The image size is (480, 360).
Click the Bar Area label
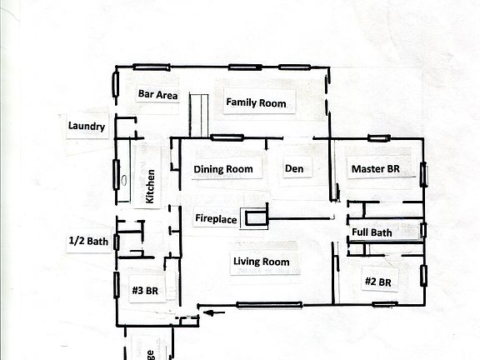157,95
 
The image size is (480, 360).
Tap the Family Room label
256,103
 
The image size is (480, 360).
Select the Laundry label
87,127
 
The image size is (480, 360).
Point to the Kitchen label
151,187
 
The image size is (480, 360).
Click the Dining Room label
222,169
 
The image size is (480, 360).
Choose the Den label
293,169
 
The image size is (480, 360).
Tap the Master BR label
376,169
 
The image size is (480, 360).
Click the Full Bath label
372,232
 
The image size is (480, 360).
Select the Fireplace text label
216,219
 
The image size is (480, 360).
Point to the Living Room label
261,262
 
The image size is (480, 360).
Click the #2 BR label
378,282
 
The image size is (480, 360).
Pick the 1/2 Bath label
88,242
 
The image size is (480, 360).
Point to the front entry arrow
216,314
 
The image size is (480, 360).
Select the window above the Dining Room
226,137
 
